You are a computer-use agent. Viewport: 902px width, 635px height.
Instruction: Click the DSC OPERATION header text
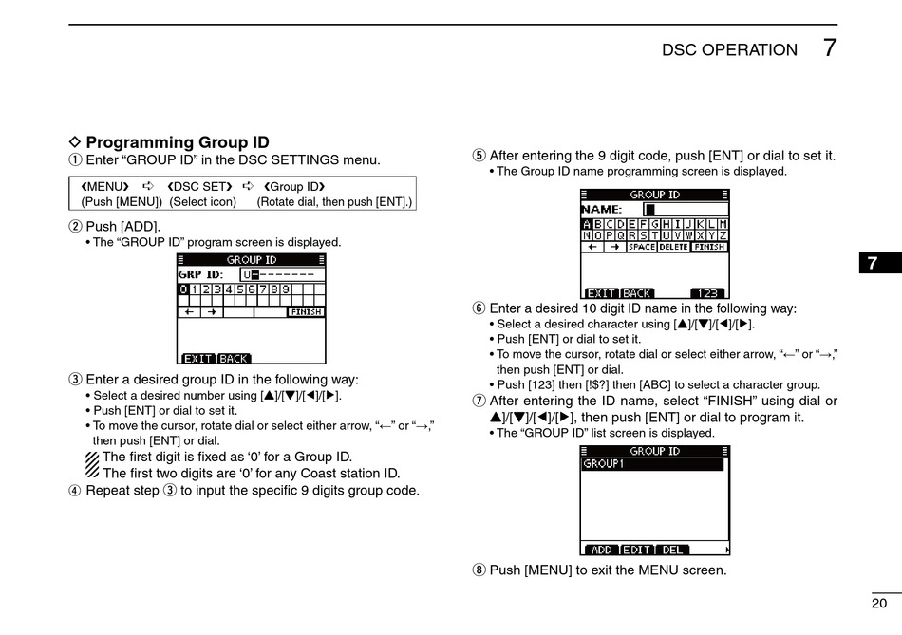[729, 50]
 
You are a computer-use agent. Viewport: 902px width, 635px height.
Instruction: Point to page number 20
[878, 603]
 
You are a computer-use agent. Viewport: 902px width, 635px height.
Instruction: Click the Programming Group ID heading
[178, 143]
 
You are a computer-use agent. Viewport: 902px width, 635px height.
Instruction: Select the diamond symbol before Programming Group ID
[76, 143]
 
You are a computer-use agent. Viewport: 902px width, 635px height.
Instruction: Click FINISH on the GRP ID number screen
[306, 311]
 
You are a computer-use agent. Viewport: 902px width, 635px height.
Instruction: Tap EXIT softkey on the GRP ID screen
[198, 359]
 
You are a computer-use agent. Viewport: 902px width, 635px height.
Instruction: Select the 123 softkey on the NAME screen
[707, 293]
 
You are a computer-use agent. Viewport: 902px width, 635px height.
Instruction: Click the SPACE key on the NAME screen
[642, 247]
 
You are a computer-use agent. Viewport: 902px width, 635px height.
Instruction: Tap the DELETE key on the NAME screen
[673, 247]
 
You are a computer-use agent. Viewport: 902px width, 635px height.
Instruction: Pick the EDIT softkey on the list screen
[637, 550]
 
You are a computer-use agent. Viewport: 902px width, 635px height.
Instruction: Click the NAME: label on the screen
[602, 209]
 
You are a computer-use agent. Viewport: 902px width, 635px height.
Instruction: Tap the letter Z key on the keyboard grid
[723, 234]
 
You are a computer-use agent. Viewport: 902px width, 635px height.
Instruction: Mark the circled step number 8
[479, 570]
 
